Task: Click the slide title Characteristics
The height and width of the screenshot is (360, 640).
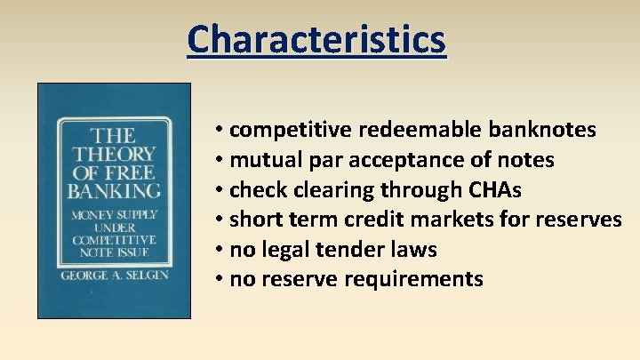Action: pyautogui.click(x=316, y=40)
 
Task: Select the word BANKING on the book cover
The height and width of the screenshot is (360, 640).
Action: pyautogui.click(x=115, y=189)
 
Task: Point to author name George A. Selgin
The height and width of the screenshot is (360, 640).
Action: pyautogui.click(x=114, y=276)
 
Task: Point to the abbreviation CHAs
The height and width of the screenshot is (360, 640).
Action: pyautogui.click(x=502, y=190)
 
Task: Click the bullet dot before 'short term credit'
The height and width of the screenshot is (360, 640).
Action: pyautogui.click(x=219, y=220)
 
